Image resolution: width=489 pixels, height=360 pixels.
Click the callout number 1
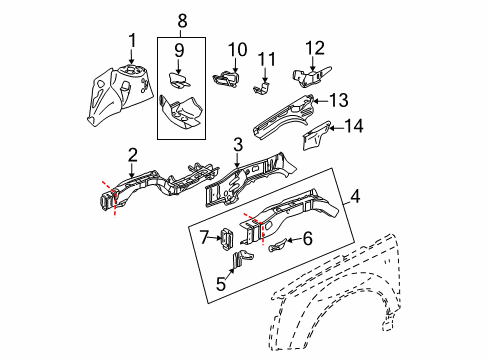point(130,40)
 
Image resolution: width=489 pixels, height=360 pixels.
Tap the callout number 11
point(266,59)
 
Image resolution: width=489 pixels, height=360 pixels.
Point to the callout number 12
point(315,47)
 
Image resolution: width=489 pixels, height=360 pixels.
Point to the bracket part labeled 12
point(306,74)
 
